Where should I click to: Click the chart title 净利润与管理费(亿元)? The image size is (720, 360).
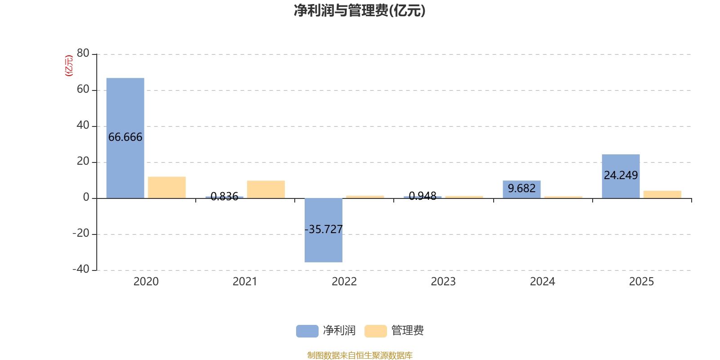360,10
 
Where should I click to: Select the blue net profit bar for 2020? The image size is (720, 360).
125,108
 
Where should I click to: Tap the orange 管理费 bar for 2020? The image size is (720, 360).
166,187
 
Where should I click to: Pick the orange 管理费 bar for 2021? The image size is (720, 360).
266,189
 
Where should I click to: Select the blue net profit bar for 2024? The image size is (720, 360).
522,189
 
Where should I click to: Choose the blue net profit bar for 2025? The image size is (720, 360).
621,162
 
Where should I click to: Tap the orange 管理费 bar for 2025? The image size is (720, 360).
662,194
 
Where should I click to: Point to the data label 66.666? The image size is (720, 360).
125,137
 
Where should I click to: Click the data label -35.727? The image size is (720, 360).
324,229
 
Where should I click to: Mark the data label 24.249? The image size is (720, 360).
621,175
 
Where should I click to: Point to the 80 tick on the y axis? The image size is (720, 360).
83,54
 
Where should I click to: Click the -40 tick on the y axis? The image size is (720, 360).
81,270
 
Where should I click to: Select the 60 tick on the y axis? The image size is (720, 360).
83,90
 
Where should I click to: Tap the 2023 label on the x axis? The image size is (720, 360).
443,282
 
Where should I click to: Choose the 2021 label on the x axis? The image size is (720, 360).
245,282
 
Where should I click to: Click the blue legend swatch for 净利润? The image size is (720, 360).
307,331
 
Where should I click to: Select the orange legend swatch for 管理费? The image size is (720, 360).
375,331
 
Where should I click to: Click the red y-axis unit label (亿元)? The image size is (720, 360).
69,66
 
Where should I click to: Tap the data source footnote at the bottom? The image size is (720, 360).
360,355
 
